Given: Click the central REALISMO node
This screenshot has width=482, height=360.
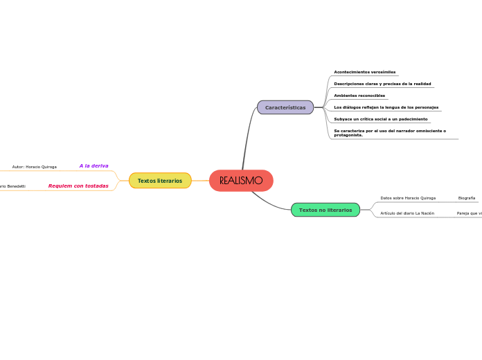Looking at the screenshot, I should coord(241,181).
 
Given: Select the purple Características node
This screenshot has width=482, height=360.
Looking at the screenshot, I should coord(285,107).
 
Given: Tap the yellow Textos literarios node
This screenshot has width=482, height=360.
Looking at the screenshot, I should coord(160,181).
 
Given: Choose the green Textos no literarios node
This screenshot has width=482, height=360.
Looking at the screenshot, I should coord(325,210).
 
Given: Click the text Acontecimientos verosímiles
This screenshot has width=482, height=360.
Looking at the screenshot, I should coord(365,72).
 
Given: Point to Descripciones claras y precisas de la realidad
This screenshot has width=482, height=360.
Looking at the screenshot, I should coord(382,84).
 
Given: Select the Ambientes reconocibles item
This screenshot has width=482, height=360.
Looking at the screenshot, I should coord(359,96).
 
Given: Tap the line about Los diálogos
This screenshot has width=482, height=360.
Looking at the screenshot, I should coord(386,107).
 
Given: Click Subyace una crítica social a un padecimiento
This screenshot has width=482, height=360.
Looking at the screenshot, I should coord(381,119).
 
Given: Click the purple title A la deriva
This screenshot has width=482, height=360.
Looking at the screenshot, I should coord(93,166).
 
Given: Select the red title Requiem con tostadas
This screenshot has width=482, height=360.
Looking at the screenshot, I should coord(78,186).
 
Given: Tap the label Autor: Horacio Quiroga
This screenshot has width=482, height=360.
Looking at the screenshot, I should coord(35,167).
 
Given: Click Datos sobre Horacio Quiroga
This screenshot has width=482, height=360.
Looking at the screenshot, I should coord(408,198).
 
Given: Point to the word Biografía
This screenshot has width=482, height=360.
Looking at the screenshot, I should coord(467,198).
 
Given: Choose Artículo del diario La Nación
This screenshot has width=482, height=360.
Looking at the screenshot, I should coord(407,213).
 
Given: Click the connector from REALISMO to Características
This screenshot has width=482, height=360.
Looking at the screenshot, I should coord(246,138).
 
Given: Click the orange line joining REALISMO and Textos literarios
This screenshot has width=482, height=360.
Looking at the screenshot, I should coord(200,181).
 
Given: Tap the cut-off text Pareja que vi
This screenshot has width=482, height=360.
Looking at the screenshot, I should coord(470,213).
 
